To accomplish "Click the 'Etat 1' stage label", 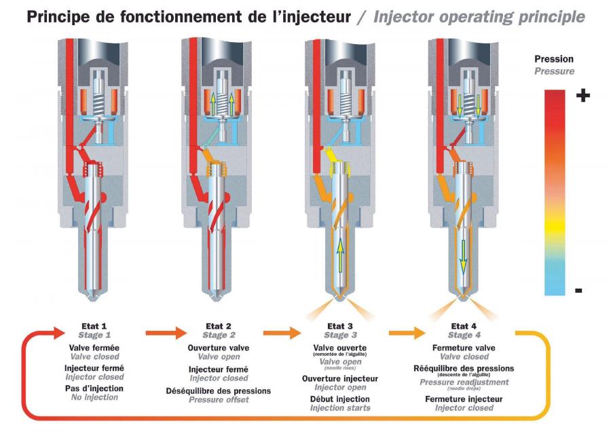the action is point(94,326).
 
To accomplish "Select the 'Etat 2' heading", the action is point(218,326).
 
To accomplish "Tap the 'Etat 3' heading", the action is point(340,326).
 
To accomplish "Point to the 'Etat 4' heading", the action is point(464,326).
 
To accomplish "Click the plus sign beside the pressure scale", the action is point(583,95).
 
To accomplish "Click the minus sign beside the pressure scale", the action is point(578,291).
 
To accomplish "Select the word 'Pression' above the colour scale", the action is point(554,59).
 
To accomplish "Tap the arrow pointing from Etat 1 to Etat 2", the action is point(166,333).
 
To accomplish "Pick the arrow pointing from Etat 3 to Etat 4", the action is point(407,333).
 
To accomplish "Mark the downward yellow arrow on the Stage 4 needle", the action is point(463,257).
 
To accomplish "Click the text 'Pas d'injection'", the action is point(94,389).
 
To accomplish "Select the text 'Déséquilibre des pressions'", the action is point(218,391).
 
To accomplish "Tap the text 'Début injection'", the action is point(340,399).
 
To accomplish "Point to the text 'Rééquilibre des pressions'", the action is point(464,368).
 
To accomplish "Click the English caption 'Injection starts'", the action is point(340,408).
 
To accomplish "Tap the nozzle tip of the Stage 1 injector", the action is point(94,299).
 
